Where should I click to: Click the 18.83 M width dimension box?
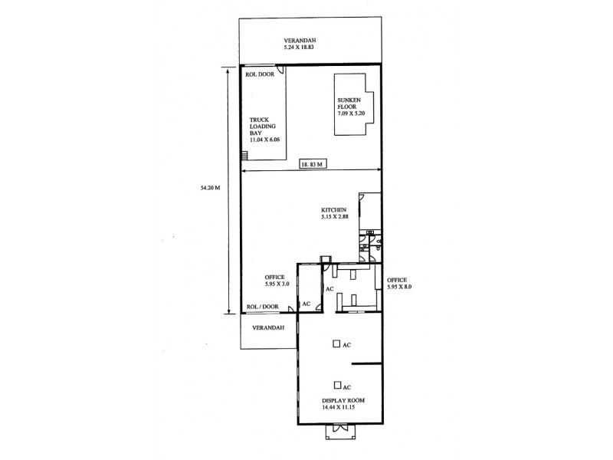[x=312, y=163]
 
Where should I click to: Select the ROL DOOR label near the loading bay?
[x=260, y=74]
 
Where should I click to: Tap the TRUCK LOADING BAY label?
[x=261, y=130]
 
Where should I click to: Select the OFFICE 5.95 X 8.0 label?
[x=399, y=283]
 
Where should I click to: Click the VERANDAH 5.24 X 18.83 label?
[x=300, y=43]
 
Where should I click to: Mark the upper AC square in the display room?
[x=336, y=344]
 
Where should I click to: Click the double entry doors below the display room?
[x=336, y=433]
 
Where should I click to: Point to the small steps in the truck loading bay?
[x=244, y=156]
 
